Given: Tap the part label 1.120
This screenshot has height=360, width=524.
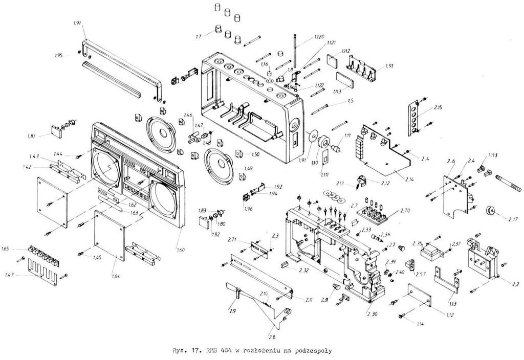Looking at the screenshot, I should [x=319, y=37].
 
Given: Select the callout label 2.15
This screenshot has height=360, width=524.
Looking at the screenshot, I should [x=438, y=108].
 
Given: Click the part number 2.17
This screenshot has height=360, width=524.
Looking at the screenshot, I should [x=498, y=219].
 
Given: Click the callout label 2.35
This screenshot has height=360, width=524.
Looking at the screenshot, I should [x=417, y=243].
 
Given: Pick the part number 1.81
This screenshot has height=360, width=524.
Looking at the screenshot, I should [x=32, y=136].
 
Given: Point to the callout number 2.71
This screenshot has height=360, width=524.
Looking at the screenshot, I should [x=231, y=239].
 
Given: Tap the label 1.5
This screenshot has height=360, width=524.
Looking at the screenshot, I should [x=351, y=101].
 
